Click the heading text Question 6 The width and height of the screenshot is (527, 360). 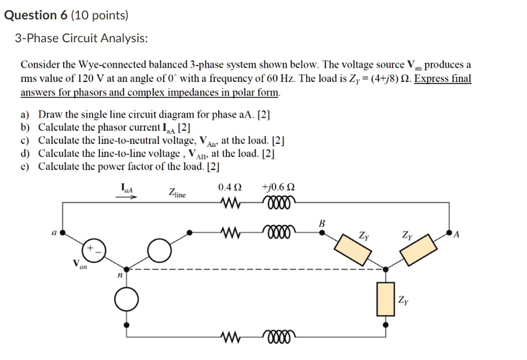36,15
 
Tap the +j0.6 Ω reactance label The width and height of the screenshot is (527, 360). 278,187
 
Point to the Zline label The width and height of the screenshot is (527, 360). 177,193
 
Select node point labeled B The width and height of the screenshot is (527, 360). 323,232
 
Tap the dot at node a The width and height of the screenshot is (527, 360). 63,233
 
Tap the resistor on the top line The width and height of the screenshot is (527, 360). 230,203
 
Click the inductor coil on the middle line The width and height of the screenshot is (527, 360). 278,233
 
